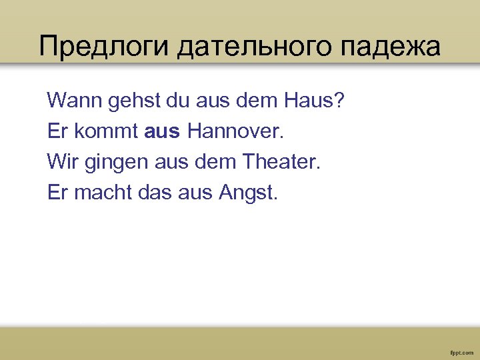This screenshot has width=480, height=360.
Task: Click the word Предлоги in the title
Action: point(105,47)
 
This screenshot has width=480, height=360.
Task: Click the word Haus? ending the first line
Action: point(315,102)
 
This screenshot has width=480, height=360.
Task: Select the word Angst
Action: point(247,193)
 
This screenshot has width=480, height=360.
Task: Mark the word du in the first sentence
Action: point(178,102)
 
